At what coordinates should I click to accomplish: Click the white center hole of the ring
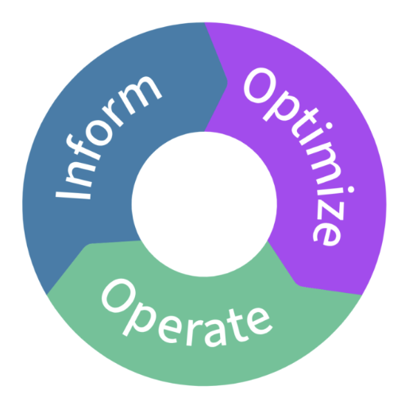tap(204, 204)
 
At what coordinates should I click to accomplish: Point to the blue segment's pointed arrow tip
tap(227, 83)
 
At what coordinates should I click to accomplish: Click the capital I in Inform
tap(73, 195)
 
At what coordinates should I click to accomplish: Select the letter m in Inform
tap(140, 95)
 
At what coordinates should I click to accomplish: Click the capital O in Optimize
tap(260, 85)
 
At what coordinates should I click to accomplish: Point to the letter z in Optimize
tap(330, 210)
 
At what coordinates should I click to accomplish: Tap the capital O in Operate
tap(118, 295)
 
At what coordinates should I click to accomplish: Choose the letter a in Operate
tap(215, 334)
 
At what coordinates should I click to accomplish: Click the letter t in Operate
tap(237, 325)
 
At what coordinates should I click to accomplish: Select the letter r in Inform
tap(112, 112)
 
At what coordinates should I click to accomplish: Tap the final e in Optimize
tap(327, 234)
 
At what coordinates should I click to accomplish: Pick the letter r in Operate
tap(194, 333)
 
